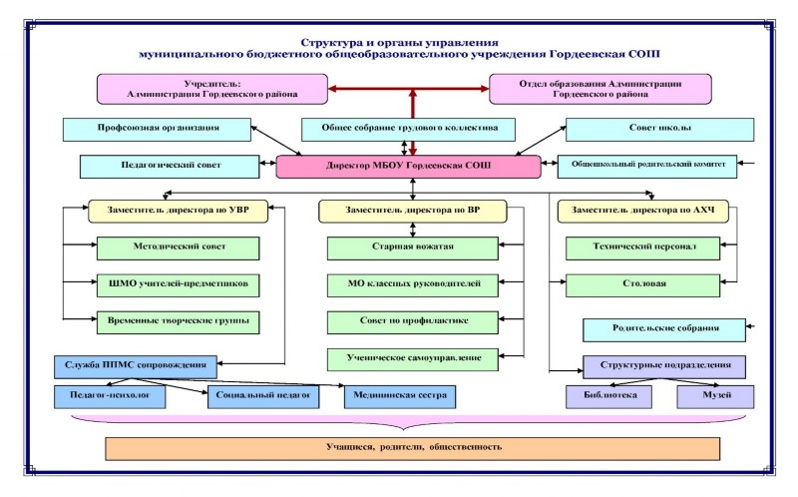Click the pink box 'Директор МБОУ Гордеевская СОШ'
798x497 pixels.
tap(409, 166)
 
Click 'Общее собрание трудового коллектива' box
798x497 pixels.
tap(409, 130)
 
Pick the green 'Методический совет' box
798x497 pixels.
tap(178, 248)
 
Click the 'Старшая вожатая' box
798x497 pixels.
tap(411, 248)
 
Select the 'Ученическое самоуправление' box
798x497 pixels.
tap(411, 356)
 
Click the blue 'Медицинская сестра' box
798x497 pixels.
tap(398, 396)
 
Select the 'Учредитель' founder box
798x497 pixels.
tap(211, 88)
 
